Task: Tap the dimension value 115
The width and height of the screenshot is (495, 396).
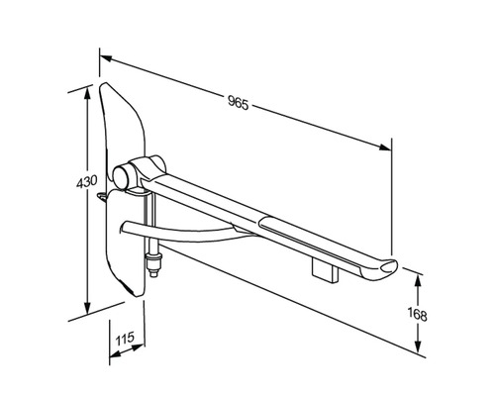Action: pyautogui.click(x=124, y=340)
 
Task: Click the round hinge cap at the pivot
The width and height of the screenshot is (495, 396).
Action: pyautogui.click(x=122, y=176)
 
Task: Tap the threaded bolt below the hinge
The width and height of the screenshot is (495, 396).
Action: pyautogui.click(x=154, y=265)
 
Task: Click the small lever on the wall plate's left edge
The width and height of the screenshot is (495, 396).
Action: pyautogui.click(x=105, y=199)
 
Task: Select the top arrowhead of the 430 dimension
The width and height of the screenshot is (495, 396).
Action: pyautogui.click(x=90, y=88)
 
